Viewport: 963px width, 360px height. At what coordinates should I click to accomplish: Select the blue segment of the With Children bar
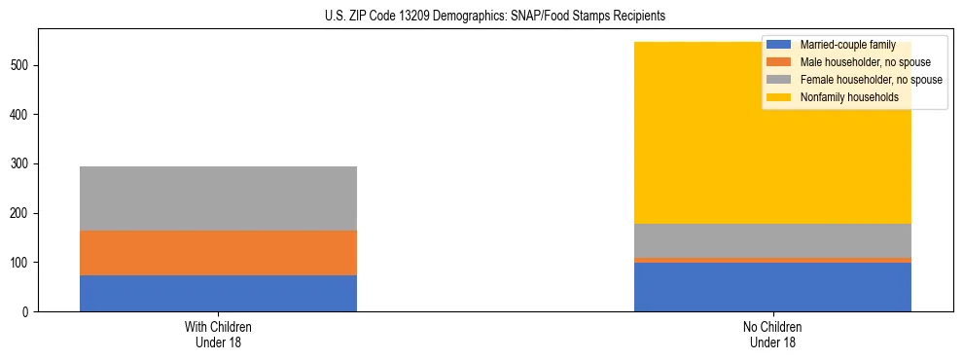tap(218, 293)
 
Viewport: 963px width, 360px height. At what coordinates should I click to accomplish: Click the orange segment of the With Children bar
tap(218, 253)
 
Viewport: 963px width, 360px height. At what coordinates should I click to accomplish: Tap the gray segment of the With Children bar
tap(218, 198)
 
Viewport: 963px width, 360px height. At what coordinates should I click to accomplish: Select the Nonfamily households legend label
tap(842, 97)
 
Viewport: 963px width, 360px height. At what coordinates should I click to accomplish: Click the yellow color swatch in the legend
tap(780, 97)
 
